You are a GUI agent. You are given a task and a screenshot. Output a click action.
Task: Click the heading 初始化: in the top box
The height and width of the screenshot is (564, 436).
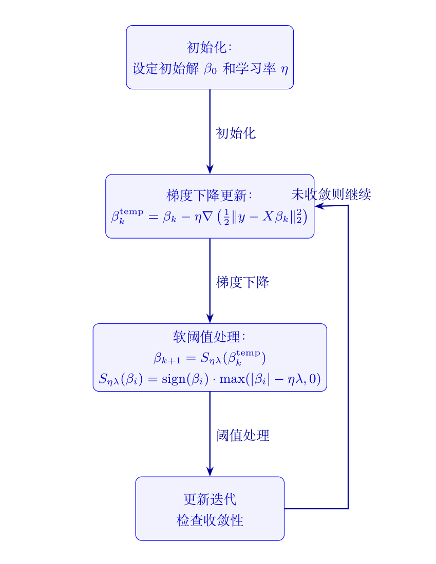(210, 47)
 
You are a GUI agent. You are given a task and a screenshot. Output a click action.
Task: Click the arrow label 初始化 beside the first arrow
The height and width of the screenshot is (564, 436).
(236, 133)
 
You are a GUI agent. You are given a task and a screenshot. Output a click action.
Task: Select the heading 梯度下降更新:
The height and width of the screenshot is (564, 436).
(210, 196)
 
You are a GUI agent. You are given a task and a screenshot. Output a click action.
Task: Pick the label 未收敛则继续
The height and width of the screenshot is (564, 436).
(331, 195)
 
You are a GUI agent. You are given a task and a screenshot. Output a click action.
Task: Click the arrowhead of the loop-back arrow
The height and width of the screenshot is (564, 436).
(319, 206)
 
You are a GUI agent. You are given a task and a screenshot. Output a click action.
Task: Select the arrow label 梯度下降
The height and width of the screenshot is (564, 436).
(242, 282)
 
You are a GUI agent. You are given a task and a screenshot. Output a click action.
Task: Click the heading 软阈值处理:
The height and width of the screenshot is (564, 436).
(210, 337)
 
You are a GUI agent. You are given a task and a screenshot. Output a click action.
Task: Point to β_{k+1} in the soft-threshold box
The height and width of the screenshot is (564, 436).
(165, 358)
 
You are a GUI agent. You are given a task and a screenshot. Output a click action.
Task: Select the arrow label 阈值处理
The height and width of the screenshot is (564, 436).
(242, 436)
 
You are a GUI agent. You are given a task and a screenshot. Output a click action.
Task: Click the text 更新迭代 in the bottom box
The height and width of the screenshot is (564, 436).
(210, 499)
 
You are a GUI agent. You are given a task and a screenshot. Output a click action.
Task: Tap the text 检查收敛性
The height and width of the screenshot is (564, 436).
(210, 520)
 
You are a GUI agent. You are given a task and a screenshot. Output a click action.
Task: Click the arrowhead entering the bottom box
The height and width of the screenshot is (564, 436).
(210, 472)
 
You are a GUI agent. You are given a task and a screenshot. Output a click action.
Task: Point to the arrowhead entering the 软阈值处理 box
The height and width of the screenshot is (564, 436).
(210, 319)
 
